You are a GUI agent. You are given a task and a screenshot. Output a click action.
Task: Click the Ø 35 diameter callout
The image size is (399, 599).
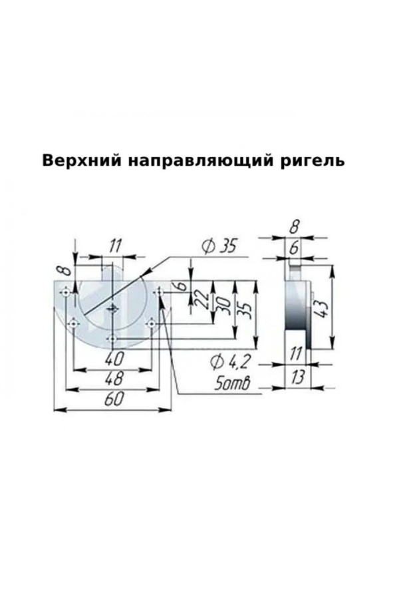pos(219,247)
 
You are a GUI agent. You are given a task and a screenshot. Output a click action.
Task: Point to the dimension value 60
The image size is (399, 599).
pos(114,399)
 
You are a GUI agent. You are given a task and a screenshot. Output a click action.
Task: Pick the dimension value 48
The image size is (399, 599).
pos(114,379)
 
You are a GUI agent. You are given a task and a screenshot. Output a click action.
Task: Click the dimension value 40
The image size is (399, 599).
pos(114,358)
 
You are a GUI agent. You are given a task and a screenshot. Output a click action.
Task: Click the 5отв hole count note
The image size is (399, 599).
pos(232,383)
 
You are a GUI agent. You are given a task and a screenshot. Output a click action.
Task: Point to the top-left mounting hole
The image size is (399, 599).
pos(66,293)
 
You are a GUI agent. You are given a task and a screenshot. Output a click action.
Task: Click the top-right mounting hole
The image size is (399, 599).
pos(159,293)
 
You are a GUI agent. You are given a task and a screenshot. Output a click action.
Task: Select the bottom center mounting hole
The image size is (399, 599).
pos(112,339)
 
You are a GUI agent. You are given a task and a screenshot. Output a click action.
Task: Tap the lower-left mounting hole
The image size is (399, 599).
pos(73,324)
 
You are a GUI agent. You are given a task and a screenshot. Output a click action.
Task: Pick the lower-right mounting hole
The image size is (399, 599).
pos(152,324)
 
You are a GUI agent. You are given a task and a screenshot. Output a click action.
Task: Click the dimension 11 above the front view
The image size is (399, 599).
pos(114,247)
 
